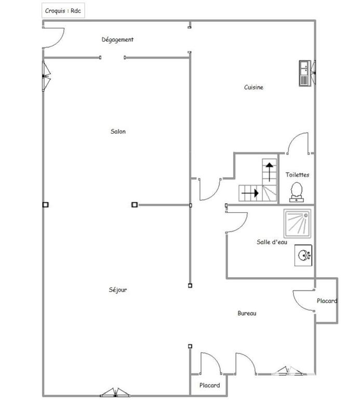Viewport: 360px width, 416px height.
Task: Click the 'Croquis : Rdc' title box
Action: coord(63,10)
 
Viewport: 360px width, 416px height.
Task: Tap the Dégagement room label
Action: coord(117,40)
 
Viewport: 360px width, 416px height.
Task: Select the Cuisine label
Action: coord(254,87)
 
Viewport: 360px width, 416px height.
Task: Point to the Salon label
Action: coord(118,132)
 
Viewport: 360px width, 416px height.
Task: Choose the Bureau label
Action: coord(247,313)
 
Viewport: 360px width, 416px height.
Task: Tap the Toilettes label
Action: coord(297,175)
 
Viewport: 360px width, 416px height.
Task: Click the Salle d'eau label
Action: coord(272,242)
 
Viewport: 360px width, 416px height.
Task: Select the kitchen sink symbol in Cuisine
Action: coord(305,73)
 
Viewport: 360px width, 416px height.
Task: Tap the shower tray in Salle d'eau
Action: coord(297,223)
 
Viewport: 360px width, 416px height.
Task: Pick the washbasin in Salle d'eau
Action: coord(303,255)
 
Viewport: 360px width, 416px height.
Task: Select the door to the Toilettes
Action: coord(299,144)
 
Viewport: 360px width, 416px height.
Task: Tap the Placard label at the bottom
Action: coord(210,385)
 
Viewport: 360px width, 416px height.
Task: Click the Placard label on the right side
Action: coord(327,301)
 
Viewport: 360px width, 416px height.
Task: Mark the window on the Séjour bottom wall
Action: coord(115,393)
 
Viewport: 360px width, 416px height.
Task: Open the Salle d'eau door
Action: coord(236,223)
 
